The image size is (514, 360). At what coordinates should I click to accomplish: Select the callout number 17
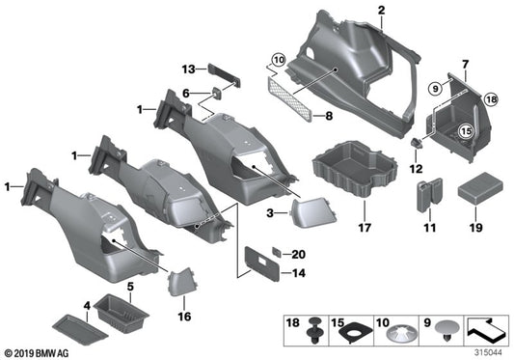364,229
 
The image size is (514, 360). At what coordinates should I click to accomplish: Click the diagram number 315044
490,351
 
